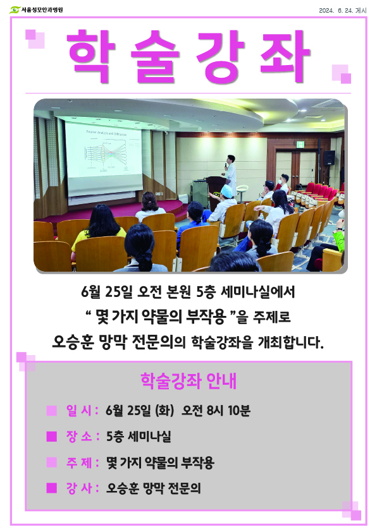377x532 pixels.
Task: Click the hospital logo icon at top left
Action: [x=15, y=10]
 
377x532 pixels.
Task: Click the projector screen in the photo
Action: [x=104, y=158]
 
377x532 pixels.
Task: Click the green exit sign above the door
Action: [x=300, y=145]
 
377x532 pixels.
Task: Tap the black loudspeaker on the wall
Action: [x=329, y=158]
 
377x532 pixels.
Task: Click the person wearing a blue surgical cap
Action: [x=224, y=203]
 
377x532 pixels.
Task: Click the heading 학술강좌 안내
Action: [x=188, y=381]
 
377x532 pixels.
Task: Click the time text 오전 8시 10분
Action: [x=216, y=411]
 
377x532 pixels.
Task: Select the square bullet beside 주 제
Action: [x=52, y=462]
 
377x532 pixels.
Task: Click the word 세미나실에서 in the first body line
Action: [x=258, y=292]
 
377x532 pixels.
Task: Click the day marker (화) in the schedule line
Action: [x=164, y=411]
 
